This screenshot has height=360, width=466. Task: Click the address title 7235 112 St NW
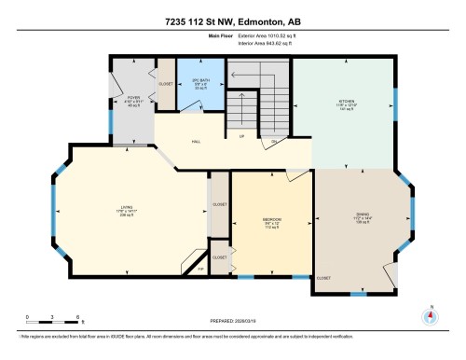point(233,21)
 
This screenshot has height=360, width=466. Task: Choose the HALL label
point(197,143)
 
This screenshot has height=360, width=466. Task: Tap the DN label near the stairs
point(274,142)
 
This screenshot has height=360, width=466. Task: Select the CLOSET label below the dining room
point(323,278)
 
